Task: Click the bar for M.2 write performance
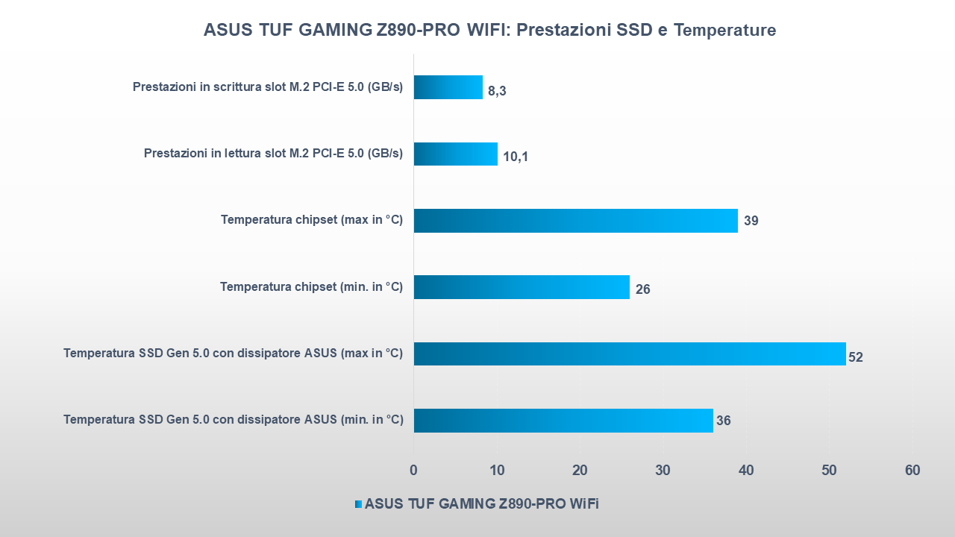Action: point(448,87)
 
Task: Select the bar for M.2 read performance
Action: point(456,154)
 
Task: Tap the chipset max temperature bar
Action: point(575,221)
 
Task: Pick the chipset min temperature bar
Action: point(522,287)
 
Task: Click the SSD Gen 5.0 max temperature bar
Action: point(630,354)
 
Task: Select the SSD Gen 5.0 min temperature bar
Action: point(563,421)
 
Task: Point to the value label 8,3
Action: point(498,92)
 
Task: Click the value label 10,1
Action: point(516,157)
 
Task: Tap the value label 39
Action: point(751,222)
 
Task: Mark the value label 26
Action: point(642,289)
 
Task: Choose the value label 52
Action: point(856,357)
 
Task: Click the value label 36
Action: point(724,421)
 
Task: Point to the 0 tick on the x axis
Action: point(414,471)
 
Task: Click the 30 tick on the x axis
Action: point(663,471)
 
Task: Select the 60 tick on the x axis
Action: point(912,471)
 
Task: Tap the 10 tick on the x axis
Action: point(497,471)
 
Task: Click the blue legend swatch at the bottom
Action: point(358,504)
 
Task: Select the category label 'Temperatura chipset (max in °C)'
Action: point(312,220)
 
